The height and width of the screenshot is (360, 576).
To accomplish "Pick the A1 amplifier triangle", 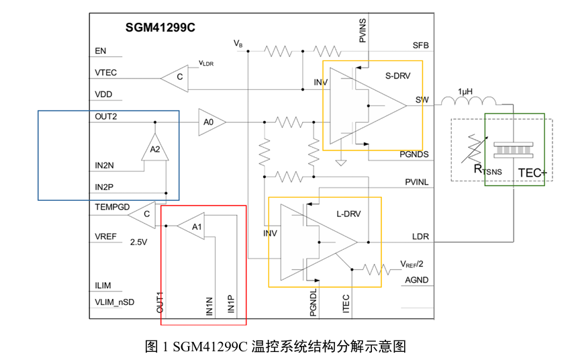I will (x=193, y=228).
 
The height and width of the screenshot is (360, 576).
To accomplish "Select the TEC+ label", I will (x=532, y=173).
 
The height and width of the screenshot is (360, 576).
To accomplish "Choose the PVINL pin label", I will (x=417, y=182).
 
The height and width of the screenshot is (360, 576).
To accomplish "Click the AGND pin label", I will (x=416, y=280).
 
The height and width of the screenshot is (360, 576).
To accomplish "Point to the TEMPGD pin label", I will (x=112, y=207).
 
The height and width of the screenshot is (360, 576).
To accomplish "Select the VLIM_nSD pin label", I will (x=115, y=302).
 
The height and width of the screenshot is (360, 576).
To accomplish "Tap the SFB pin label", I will (x=421, y=46).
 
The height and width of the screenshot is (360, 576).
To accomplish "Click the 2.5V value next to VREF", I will (x=139, y=241).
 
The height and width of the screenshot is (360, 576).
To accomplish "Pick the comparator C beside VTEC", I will (x=177, y=77).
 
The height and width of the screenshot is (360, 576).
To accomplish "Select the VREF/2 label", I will (x=412, y=264).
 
